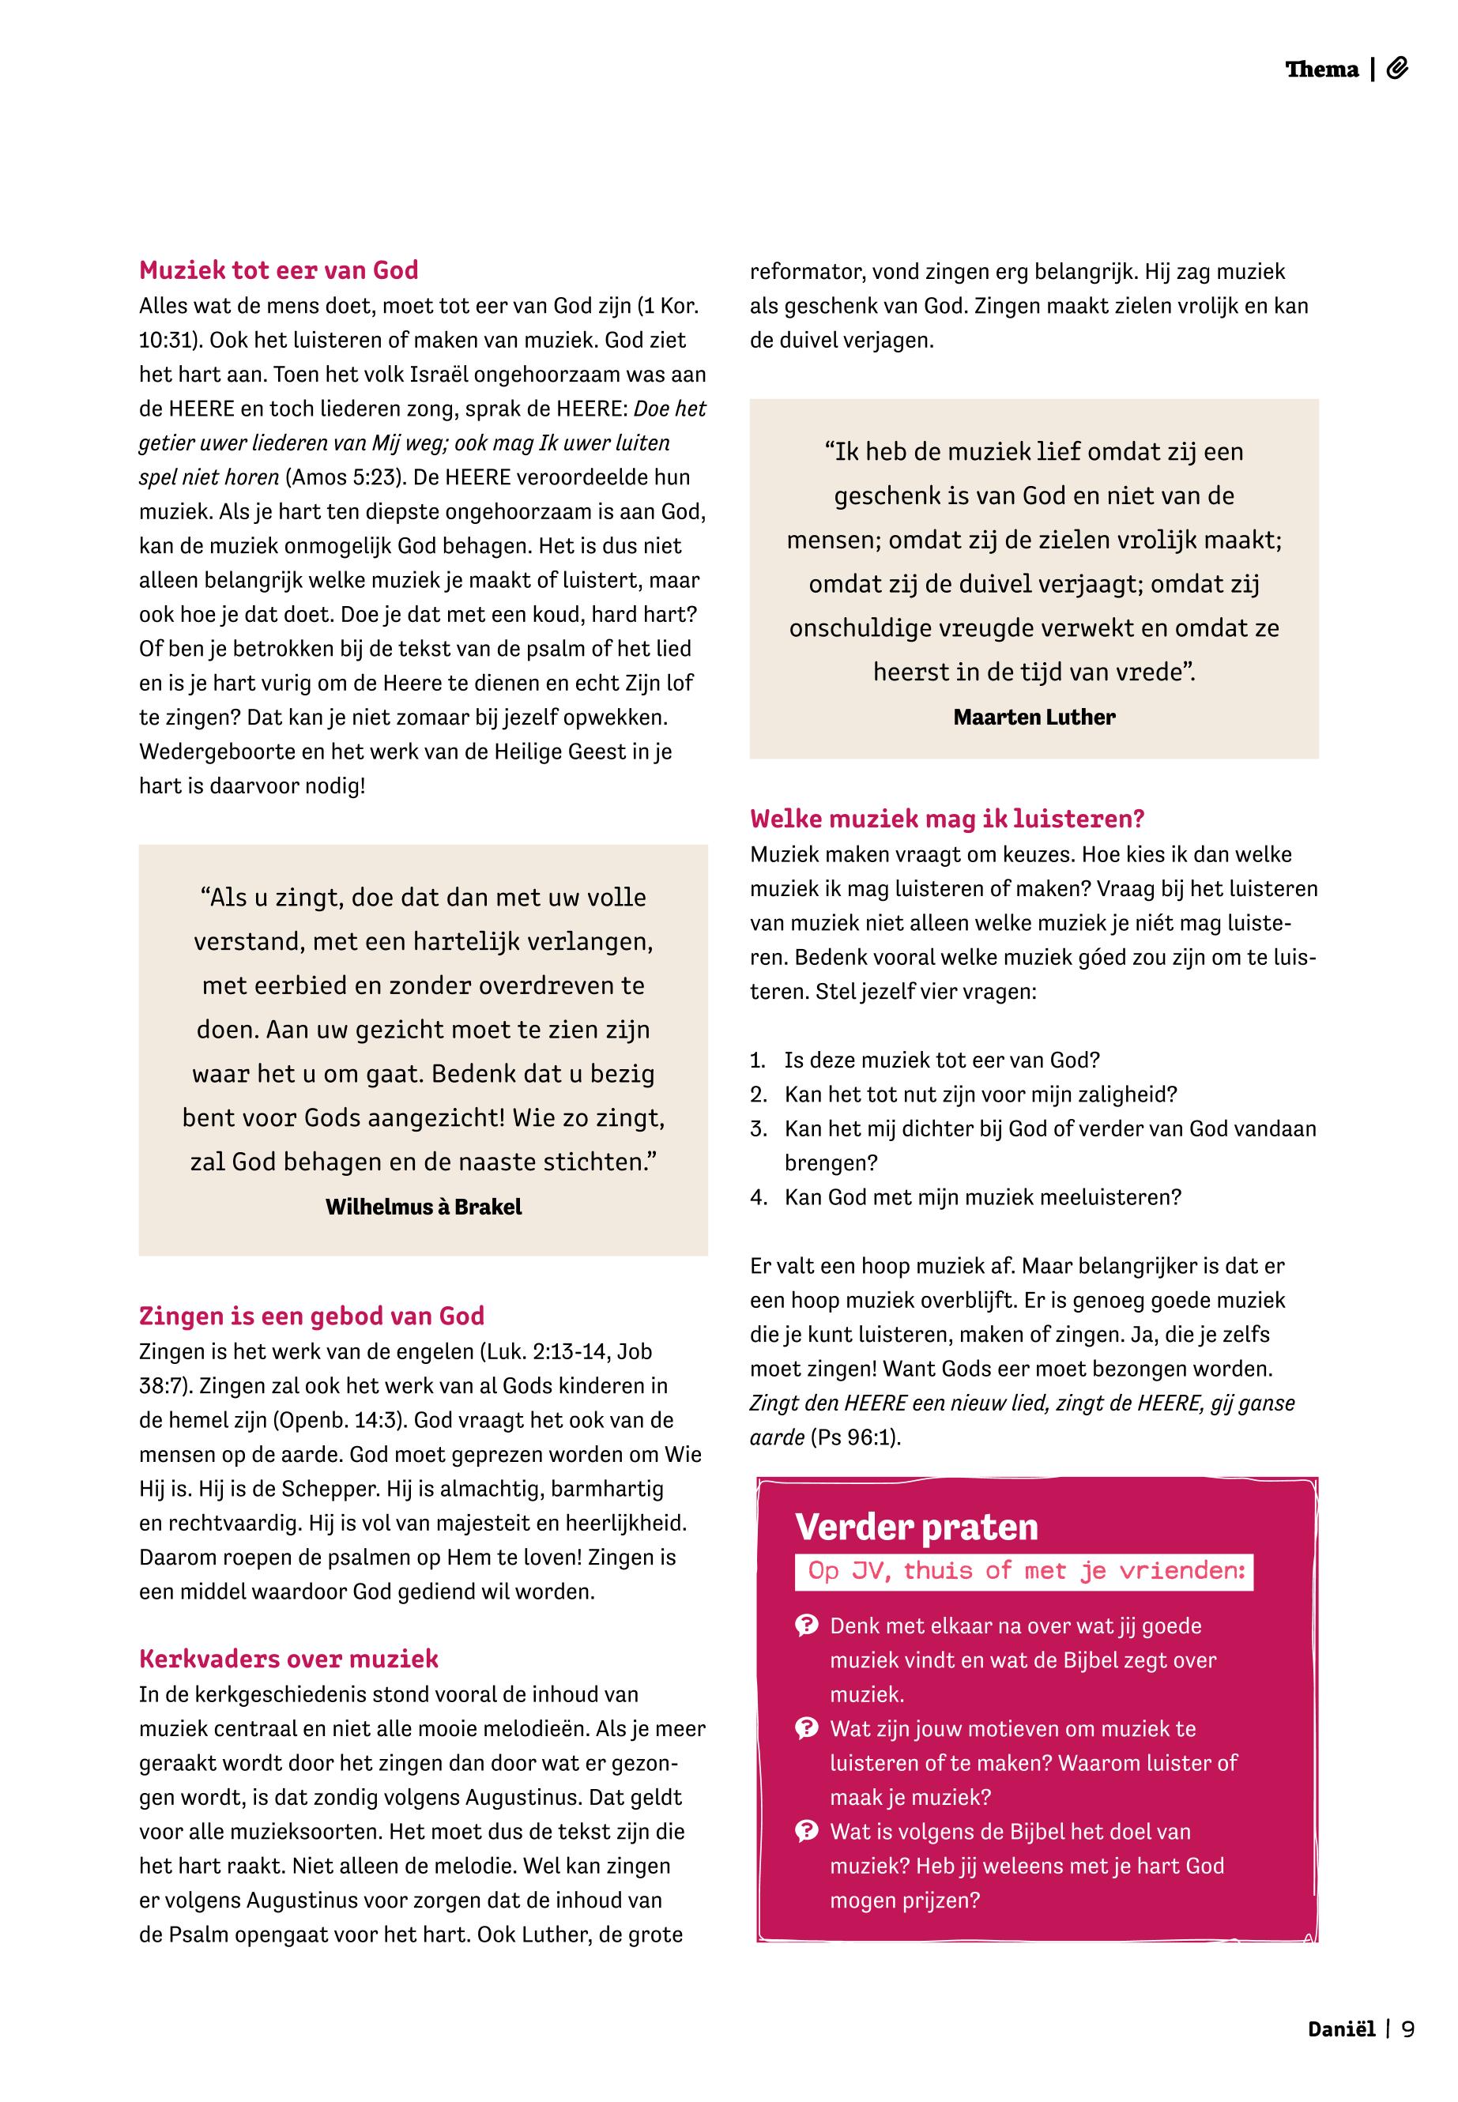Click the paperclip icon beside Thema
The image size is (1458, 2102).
1398,69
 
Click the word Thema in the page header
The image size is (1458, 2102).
1322,70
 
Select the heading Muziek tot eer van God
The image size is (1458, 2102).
279,270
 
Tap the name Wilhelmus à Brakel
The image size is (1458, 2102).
423,1207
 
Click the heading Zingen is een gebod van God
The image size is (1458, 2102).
311,1316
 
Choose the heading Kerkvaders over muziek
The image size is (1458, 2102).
288,1659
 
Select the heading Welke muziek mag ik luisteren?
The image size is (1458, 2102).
948,819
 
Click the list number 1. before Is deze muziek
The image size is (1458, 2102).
757,1060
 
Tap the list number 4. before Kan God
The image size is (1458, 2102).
758,1198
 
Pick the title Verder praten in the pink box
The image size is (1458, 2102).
916,1528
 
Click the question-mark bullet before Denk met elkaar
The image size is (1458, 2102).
807,1625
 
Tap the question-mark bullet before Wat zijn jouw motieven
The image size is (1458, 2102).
807,1728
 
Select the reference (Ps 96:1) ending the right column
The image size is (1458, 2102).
855,1438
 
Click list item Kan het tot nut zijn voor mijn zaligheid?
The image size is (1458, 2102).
980,1094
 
